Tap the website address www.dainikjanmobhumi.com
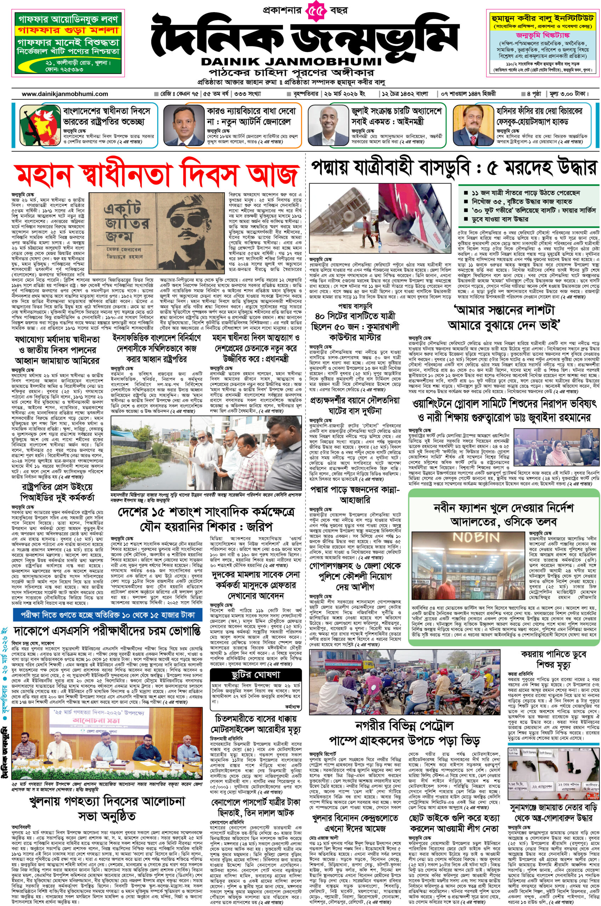(65, 94)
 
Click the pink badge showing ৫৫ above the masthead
(317, 10)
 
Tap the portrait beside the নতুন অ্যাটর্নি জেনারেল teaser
(182, 125)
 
